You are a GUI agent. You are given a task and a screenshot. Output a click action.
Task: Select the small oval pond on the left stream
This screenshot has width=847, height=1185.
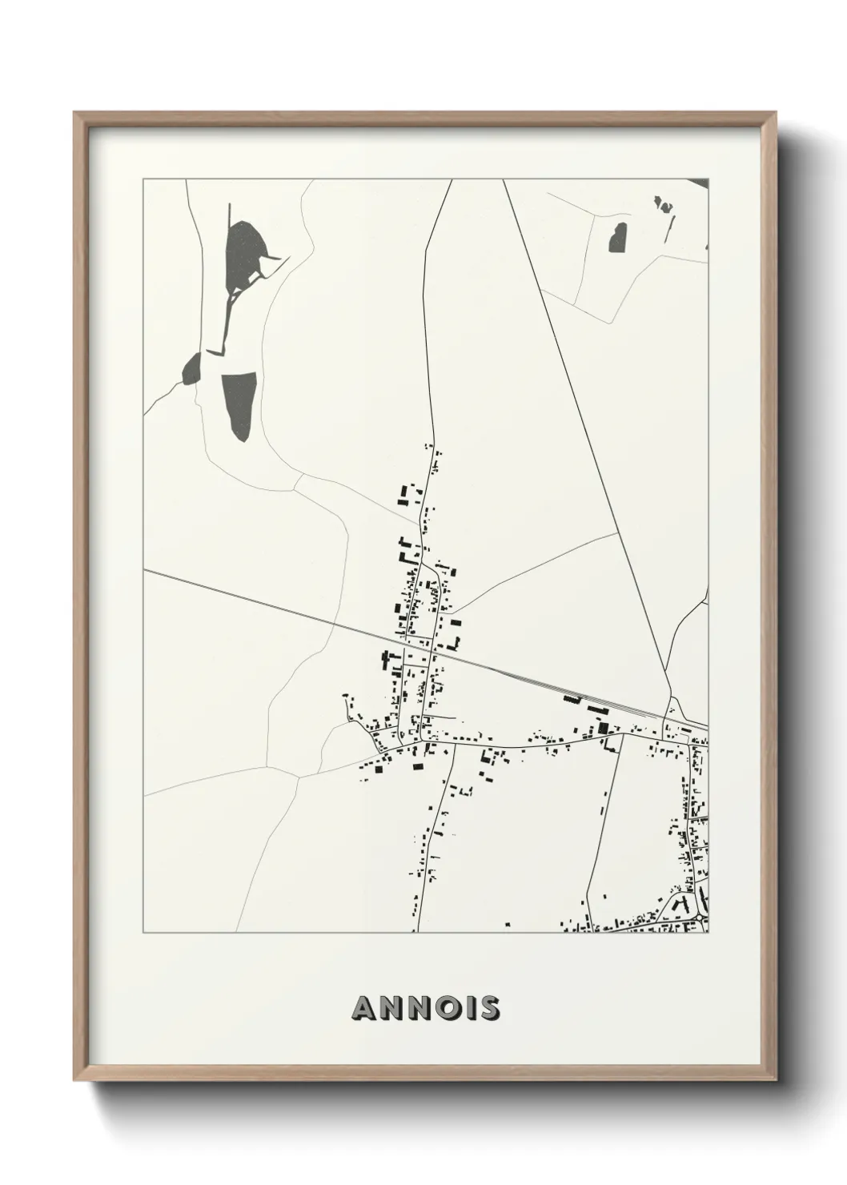(x=192, y=369)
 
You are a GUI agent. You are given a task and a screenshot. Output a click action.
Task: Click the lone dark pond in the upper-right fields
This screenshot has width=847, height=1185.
(x=618, y=238)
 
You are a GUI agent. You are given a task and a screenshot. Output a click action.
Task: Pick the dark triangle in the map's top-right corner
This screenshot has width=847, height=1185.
(x=700, y=183)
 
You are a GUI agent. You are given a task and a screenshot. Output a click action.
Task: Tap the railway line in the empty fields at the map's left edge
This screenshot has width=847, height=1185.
(x=208, y=585)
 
